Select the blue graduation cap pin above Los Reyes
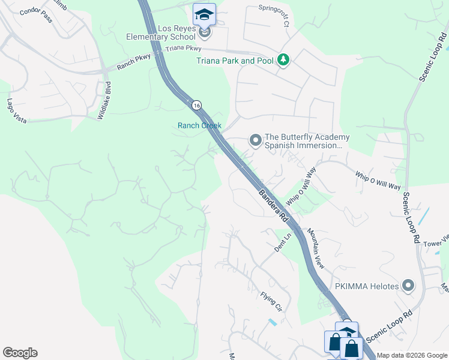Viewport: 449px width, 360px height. tap(204, 14)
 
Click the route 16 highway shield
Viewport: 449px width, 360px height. tap(196, 105)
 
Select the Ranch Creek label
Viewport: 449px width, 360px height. tap(199, 125)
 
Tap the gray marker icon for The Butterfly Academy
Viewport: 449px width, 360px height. tap(255, 141)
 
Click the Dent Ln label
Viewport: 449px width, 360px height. tap(283, 244)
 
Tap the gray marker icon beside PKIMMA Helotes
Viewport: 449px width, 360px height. tap(409, 286)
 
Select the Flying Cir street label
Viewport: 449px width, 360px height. tap(271, 301)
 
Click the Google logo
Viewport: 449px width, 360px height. tap(20, 353)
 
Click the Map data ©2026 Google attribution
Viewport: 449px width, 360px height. tap(412, 355)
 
